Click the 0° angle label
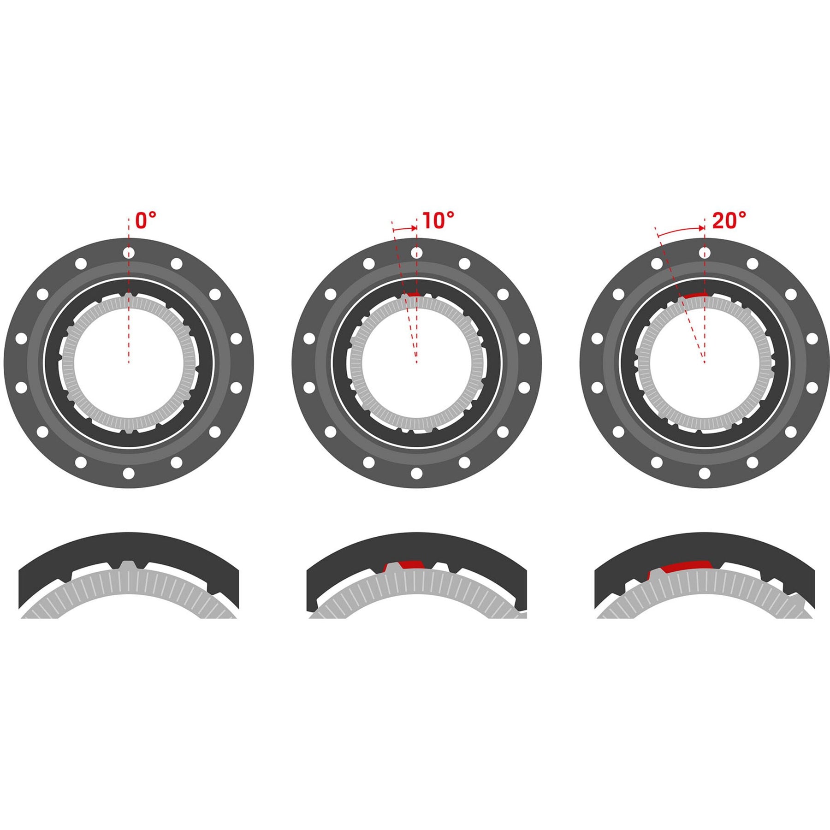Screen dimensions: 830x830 [146, 220]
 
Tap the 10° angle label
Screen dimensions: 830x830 [438, 220]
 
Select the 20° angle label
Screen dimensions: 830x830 [729, 220]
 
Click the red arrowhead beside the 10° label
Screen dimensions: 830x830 [414, 228]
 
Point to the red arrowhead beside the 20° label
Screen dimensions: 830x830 [701, 228]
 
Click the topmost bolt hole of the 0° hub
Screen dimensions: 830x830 [129, 253]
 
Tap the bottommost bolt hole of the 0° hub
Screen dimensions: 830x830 [129, 473]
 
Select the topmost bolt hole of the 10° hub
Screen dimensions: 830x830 [416, 253]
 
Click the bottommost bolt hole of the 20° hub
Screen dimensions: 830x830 [704, 473]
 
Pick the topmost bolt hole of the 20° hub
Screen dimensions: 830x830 [704, 253]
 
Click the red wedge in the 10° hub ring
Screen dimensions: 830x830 [413, 294]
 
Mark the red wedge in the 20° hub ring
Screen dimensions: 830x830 [695, 295]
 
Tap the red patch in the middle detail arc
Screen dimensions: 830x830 [411, 564]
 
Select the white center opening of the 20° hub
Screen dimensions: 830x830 [704, 369]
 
